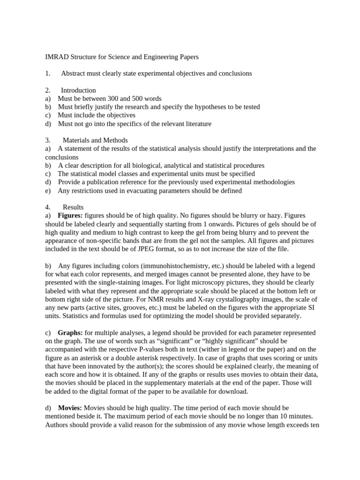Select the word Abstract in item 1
click(x=74, y=74)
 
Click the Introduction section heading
click(x=78, y=90)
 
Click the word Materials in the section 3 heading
click(x=76, y=140)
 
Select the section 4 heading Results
click(x=73, y=207)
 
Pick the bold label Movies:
click(x=70, y=408)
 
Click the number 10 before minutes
click(x=271, y=417)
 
